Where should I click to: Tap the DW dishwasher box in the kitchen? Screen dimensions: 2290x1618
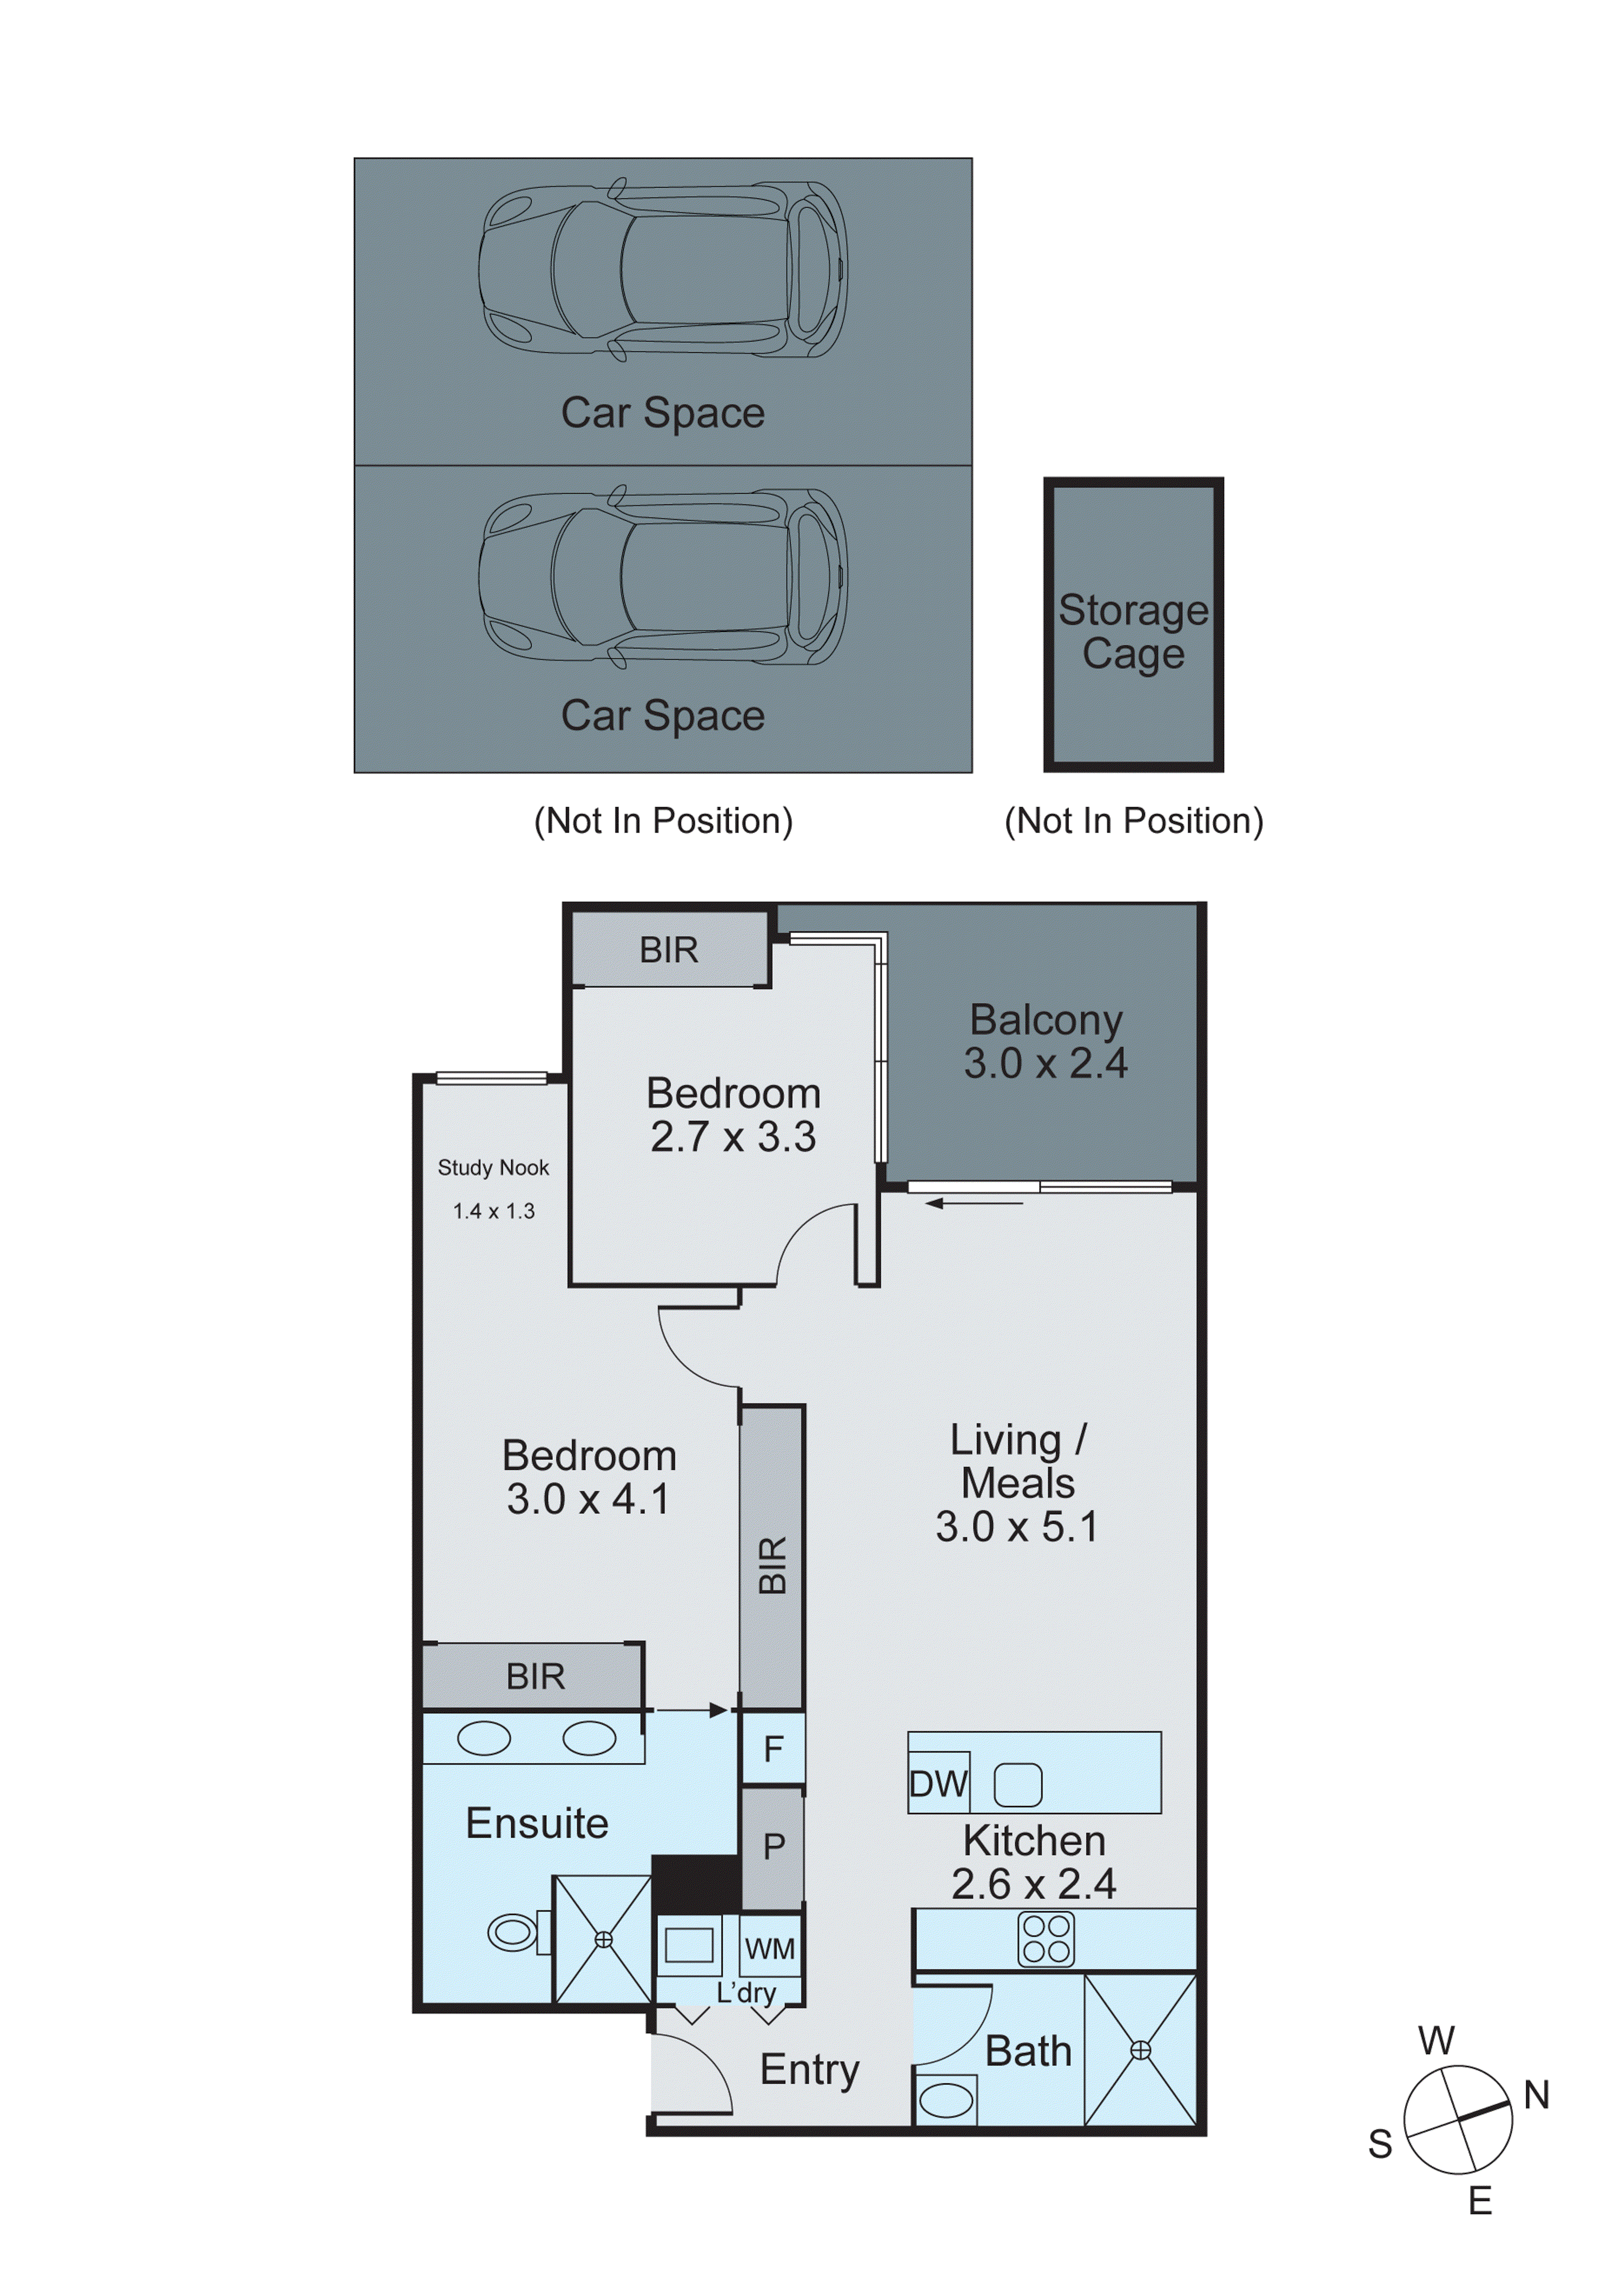938,1783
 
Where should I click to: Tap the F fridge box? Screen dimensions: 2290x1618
773,1748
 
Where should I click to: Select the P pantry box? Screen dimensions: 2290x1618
773,1847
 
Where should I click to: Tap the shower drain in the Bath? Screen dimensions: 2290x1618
1141,2050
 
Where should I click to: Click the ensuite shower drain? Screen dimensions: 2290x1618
603,1940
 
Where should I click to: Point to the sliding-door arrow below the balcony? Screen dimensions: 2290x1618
974,1204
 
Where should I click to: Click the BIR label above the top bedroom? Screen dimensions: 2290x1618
669,950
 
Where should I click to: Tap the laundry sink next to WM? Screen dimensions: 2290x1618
688,1945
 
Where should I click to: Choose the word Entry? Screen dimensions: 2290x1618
810,2069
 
